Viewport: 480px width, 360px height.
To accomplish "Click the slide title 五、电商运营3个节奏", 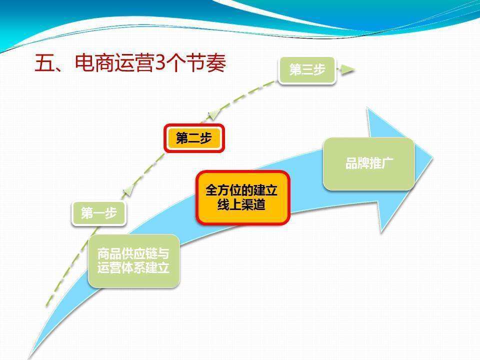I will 130,64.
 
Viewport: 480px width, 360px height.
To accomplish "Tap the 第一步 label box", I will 98,213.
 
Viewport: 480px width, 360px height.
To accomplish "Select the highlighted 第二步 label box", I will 194,138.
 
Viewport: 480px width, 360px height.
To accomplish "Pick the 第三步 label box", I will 307,70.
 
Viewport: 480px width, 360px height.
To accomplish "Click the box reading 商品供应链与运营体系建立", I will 133,260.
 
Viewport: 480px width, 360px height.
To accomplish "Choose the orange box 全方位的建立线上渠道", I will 242,197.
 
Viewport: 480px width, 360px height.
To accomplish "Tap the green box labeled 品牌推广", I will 369,163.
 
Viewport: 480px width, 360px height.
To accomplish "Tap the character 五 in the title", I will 44,64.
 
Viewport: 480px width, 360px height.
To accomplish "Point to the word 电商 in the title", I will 94,64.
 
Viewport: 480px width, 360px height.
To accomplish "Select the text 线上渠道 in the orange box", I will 241,205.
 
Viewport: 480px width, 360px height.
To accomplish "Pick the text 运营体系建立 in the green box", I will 133,268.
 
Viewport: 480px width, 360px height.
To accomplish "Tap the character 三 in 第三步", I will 307,70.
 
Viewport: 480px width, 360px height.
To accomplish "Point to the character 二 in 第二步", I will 194,138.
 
